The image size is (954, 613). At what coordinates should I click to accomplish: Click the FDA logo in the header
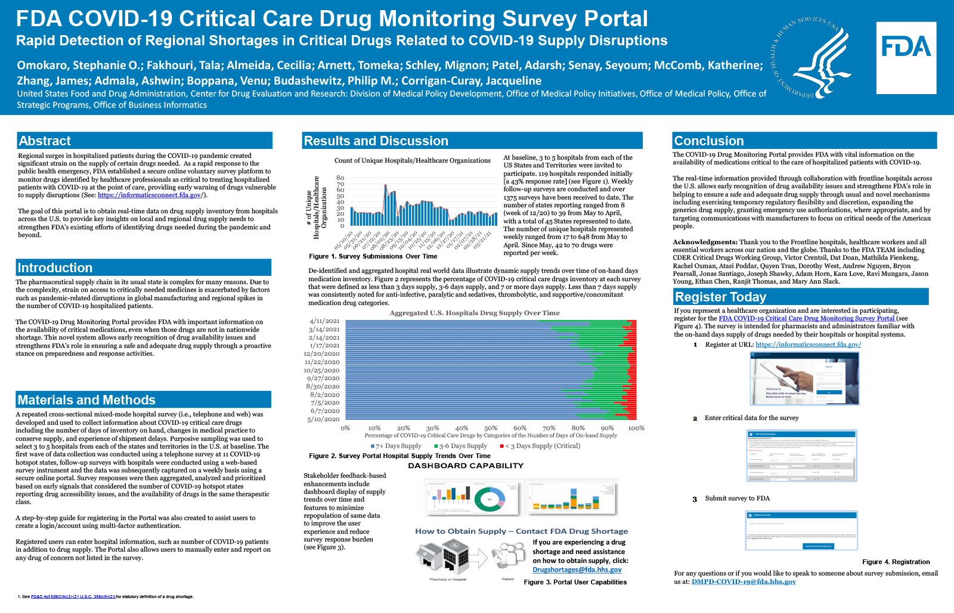[x=906, y=57]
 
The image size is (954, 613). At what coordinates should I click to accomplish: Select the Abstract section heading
[x=45, y=141]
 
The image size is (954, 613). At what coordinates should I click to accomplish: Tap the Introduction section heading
[x=55, y=267]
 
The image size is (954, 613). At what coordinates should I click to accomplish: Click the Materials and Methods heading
[x=86, y=400]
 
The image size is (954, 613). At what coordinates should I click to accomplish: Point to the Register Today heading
[x=720, y=297]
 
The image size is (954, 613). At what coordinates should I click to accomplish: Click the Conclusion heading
[x=709, y=141]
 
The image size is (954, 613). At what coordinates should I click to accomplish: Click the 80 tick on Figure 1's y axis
[x=340, y=178]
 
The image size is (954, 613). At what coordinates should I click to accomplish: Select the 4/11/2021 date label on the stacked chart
[x=325, y=321]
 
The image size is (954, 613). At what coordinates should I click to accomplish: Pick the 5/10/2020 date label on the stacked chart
[x=324, y=419]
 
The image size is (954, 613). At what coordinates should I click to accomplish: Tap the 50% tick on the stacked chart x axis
[x=490, y=428]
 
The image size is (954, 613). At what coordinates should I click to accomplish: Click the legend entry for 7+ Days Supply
[x=396, y=446]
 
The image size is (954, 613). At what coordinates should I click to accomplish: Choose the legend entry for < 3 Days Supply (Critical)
[x=540, y=446]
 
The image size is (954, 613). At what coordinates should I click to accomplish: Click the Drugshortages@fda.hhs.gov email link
[x=577, y=570]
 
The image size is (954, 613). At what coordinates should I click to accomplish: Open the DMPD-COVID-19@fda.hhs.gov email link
[x=744, y=581]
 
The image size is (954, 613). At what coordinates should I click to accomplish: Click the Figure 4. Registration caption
[x=896, y=562]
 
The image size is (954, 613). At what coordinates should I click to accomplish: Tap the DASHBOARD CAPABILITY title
[x=466, y=466]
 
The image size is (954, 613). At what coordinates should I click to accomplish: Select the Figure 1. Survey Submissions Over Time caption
[x=373, y=256]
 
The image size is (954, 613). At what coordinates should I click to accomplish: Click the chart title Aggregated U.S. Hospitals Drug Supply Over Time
[x=475, y=313]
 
